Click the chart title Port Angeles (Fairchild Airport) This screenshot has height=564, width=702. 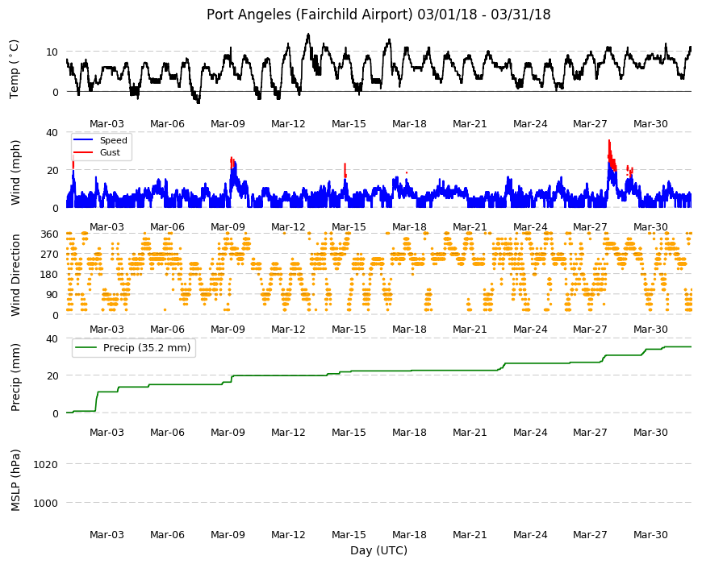pos(309,15)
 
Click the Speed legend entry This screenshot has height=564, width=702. pos(100,140)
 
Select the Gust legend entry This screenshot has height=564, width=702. pos(97,152)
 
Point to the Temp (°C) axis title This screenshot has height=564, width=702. pos(15,69)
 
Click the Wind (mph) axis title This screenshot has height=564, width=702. pos(15,172)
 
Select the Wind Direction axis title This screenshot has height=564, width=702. pos(15,275)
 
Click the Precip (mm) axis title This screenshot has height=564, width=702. pos(15,377)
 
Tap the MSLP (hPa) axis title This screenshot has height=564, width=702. pos(15,480)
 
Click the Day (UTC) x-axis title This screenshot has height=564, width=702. pos(378,550)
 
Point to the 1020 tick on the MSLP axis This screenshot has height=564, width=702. pos(46,464)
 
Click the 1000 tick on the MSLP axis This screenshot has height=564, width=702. pos(46,503)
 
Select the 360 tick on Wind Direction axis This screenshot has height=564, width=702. pos(49,234)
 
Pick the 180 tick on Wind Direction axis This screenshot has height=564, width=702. pos(49,274)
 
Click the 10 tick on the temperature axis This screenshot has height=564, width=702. pos(52,52)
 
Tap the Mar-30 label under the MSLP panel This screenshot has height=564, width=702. pos(650,534)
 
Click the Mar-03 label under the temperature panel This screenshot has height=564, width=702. pos(107,124)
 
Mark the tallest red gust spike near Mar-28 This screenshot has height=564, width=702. pos(609,141)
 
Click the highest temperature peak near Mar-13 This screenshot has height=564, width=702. pos(308,35)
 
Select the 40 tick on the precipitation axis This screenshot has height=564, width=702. pos(52,338)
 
